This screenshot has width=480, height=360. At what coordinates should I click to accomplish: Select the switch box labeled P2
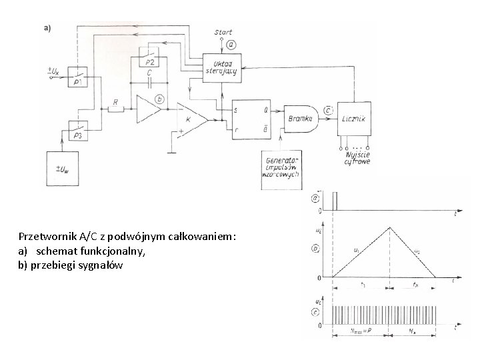(153, 59)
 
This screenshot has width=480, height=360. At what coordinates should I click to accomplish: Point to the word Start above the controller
(223, 32)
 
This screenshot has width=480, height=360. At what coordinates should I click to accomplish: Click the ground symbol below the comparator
(171, 152)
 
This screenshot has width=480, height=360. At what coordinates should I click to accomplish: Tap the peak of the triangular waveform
(390, 227)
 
